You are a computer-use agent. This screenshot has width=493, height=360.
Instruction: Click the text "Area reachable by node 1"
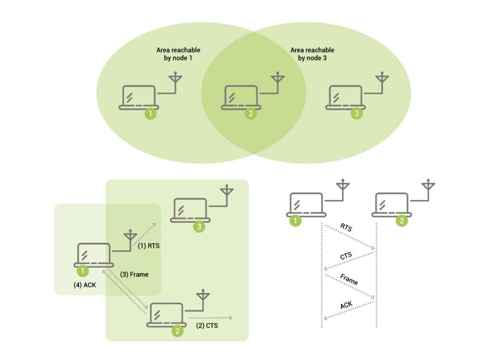tap(178, 54)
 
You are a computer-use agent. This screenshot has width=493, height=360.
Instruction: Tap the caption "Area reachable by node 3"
tap(312, 54)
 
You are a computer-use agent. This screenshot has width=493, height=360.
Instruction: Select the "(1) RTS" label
tap(149, 245)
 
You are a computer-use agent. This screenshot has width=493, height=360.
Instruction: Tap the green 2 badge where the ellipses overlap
tap(250, 114)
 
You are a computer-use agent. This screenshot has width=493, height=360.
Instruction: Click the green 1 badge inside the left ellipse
tap(151, 114)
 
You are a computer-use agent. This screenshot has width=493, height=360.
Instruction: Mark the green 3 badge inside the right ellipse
tap(356, 114)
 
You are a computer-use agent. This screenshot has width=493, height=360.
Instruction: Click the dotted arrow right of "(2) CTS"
tap(211, 318)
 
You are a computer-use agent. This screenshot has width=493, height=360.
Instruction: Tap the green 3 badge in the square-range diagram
tap(199, 227)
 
